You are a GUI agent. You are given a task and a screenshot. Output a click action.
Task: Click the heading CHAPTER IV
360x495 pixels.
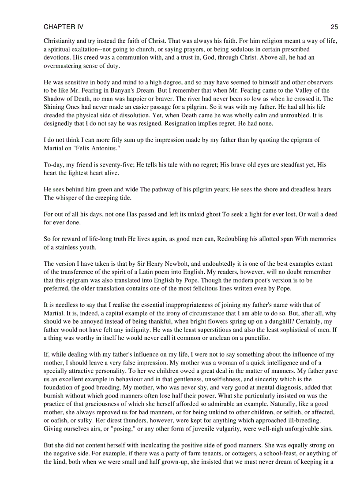point(63,27)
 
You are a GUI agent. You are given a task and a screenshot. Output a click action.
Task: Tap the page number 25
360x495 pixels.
point(334,27)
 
